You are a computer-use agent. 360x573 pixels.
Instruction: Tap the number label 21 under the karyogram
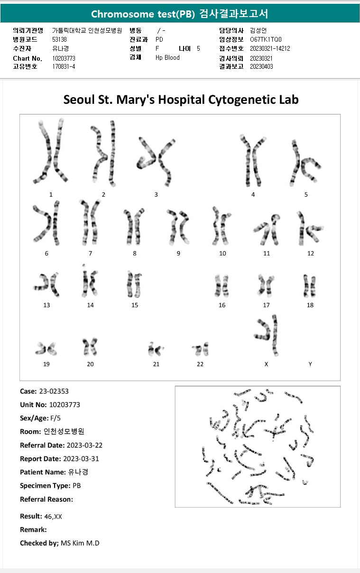156,364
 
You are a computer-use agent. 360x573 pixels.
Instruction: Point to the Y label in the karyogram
310,364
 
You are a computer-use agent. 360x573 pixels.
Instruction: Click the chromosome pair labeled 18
310,286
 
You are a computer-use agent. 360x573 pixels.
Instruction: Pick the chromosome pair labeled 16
222,285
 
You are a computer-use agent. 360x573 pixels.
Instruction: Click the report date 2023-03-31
81,459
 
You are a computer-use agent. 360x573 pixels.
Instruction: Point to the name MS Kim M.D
80,543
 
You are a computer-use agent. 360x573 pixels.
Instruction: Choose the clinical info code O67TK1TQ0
266,39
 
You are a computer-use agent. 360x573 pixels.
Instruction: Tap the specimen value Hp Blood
167,57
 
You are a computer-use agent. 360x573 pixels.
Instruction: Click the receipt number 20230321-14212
270,48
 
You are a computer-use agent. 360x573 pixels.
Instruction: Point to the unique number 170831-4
64,66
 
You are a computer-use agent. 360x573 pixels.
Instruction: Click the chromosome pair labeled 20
90,347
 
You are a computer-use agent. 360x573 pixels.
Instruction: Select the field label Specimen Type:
45,486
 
